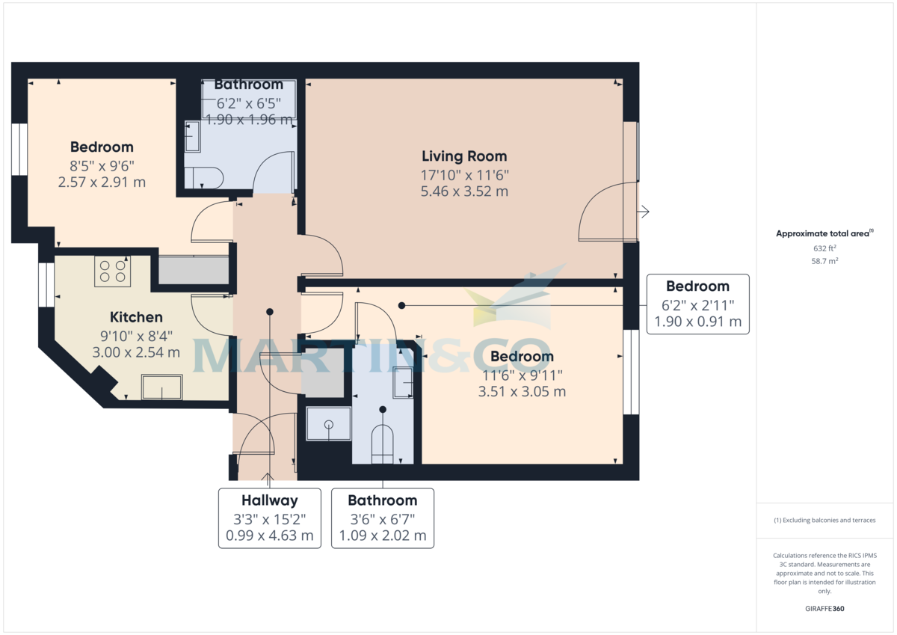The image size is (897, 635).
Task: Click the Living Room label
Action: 464,156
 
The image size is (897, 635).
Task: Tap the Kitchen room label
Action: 136,317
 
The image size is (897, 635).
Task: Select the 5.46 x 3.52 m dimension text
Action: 464,191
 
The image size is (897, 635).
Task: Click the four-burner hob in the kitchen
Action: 113,272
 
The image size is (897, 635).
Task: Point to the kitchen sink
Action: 161,387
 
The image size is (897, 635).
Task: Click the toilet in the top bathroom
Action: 203,177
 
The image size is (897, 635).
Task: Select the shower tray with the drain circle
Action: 328,424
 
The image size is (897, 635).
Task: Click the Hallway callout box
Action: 269,518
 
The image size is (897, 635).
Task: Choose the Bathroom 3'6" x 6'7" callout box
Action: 382,518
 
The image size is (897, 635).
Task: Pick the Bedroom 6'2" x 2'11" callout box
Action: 697,304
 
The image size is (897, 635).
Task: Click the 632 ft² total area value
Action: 824,248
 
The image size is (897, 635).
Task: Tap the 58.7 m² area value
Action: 824,262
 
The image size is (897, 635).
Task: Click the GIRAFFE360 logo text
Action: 824,609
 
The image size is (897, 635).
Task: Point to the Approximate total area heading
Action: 824,233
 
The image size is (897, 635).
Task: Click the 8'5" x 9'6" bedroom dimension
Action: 102,165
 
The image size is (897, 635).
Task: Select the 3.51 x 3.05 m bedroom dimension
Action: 522,391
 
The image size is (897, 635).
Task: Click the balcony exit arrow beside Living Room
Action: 644,212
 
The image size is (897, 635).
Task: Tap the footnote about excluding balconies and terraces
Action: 824,520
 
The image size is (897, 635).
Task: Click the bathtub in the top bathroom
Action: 249,100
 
